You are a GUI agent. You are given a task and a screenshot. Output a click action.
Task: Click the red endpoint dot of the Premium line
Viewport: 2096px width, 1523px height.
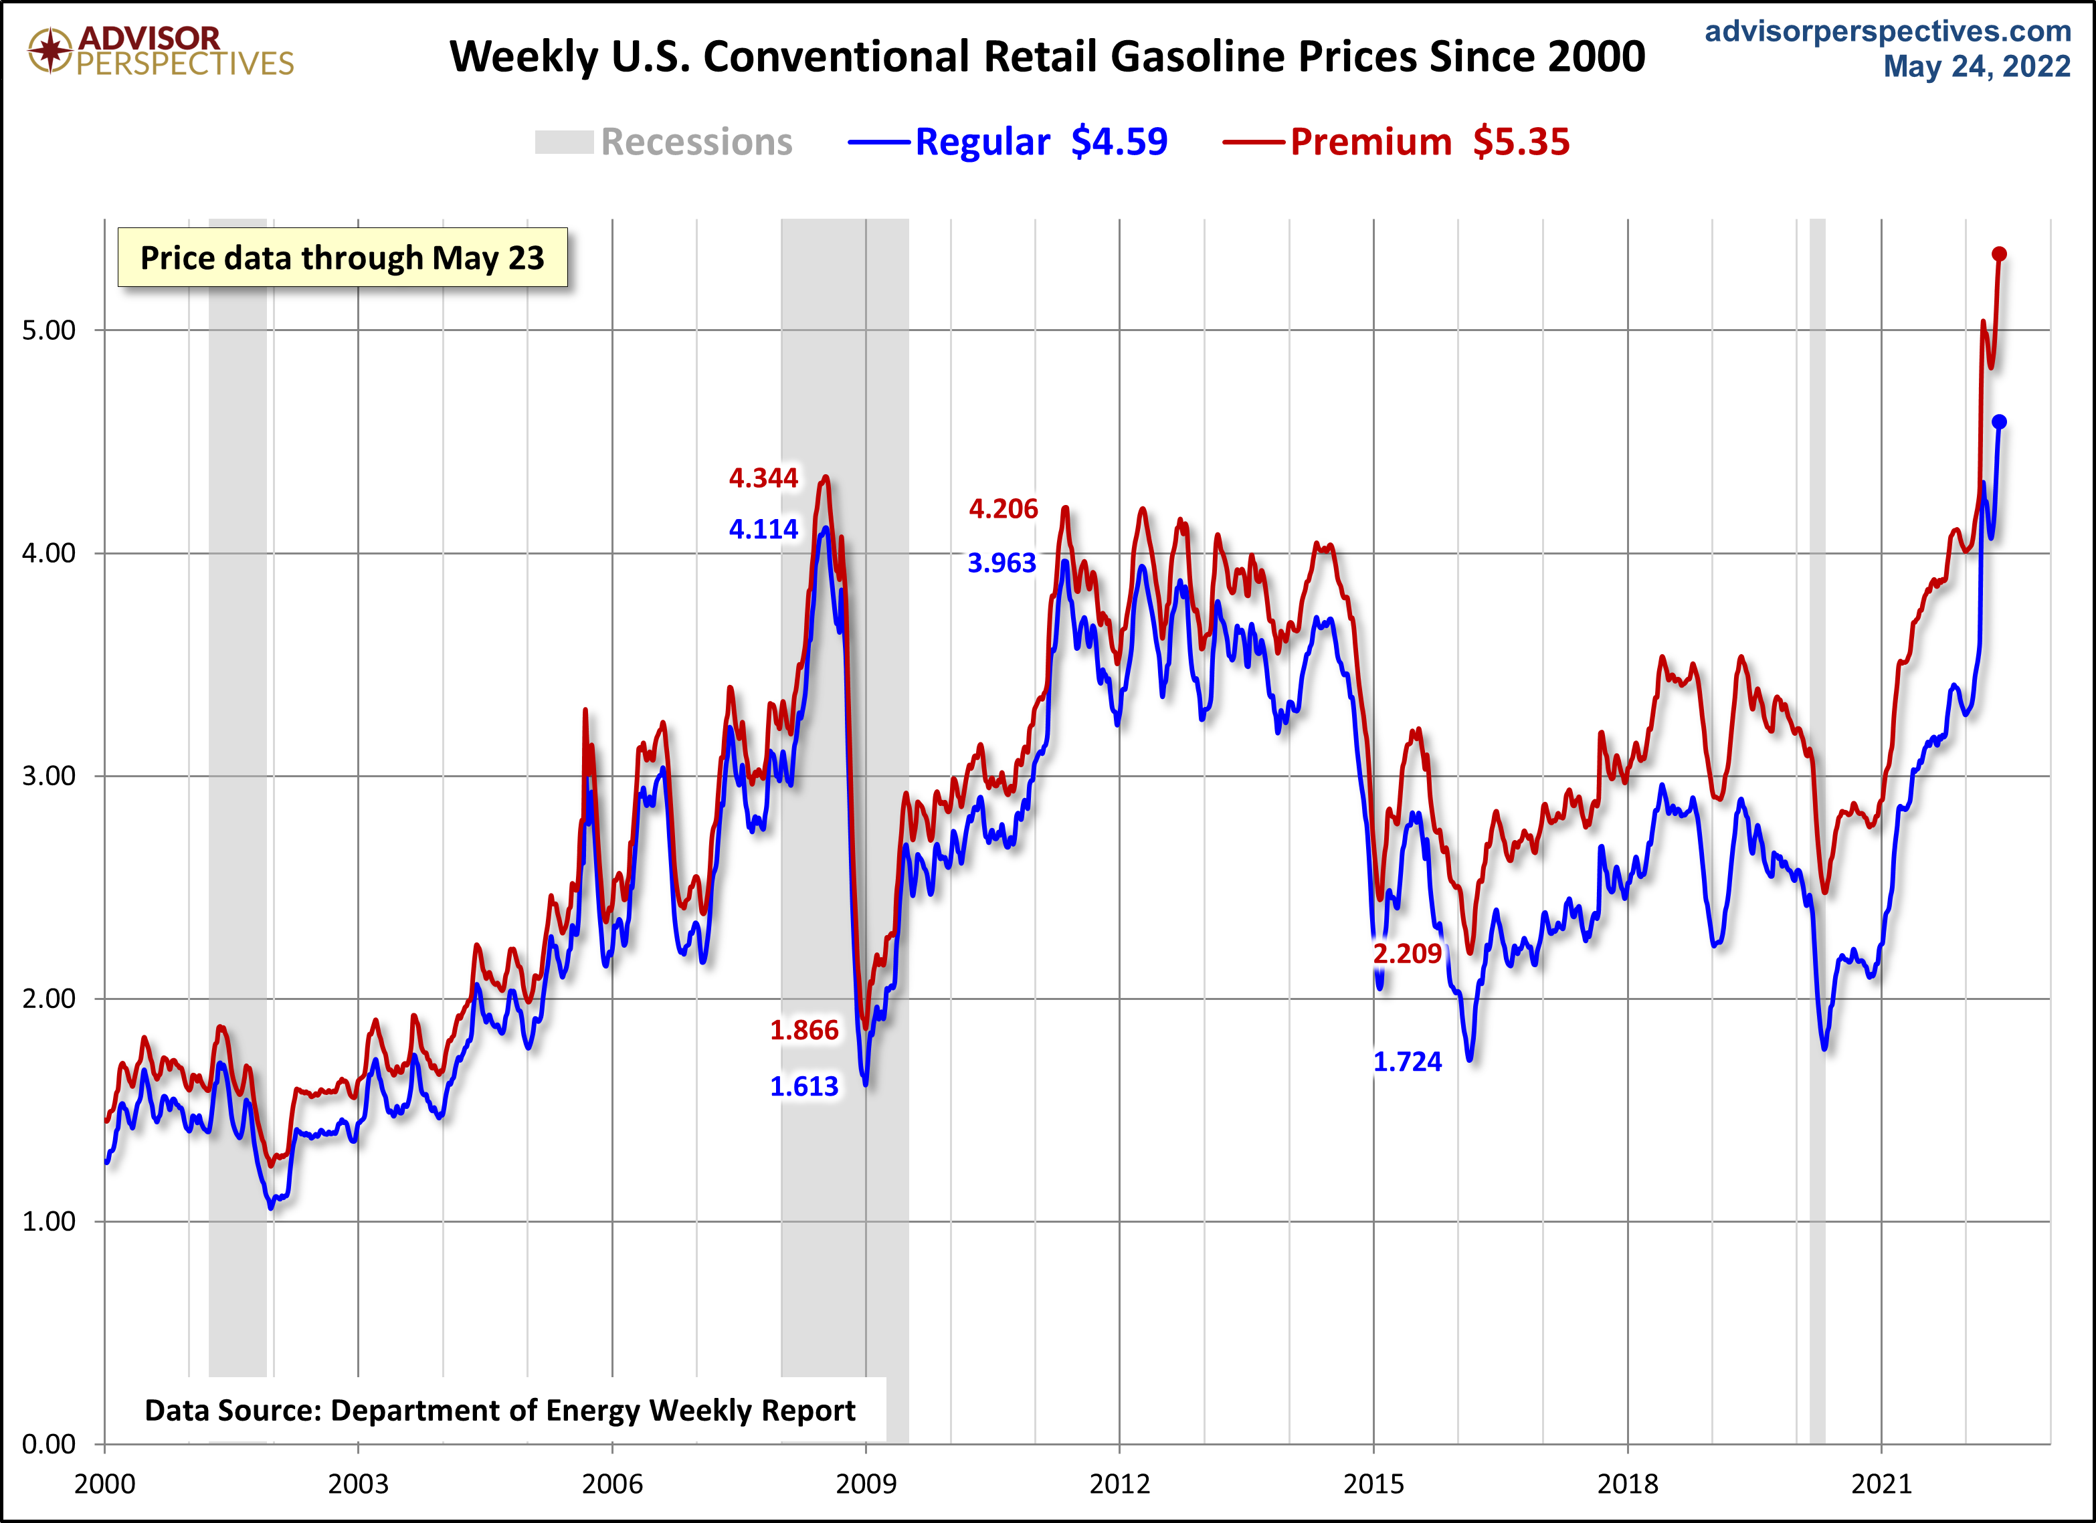tap(1998, 254)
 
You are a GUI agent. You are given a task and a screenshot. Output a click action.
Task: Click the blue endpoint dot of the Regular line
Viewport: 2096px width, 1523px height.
tap(1998, 422)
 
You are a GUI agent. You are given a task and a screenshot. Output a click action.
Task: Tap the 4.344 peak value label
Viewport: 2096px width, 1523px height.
tap(763, 478)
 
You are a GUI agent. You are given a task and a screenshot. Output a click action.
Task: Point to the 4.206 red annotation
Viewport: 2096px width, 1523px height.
tap(1003, 509)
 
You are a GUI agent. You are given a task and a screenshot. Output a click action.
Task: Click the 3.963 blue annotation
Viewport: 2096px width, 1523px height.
tap(1002, 563)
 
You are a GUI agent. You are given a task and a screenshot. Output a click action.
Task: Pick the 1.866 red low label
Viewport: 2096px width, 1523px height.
tap(804, 1031)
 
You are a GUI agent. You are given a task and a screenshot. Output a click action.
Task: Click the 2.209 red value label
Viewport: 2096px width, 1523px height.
tap(1406, 953)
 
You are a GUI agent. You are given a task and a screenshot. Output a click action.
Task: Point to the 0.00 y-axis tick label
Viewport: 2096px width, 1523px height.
tap(48, 1443)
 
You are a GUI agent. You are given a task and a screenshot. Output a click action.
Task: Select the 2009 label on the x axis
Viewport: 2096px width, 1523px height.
tap(866, 1484)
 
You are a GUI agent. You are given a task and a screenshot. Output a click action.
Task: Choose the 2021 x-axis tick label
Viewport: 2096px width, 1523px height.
tap(1881, 1484)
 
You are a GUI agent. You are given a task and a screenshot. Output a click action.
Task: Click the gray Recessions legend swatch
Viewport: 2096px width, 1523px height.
tap(564, 142)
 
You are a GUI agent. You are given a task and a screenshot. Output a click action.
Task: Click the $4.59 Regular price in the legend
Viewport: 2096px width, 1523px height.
tap(1119, 142)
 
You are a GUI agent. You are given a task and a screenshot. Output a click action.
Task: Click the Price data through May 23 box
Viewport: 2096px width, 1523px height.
tap(342, 258)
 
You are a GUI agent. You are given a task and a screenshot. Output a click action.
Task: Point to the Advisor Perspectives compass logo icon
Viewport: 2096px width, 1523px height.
tap(50, 50)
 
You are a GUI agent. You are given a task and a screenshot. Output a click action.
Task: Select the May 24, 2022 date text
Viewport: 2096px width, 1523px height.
tap(1977, 66)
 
